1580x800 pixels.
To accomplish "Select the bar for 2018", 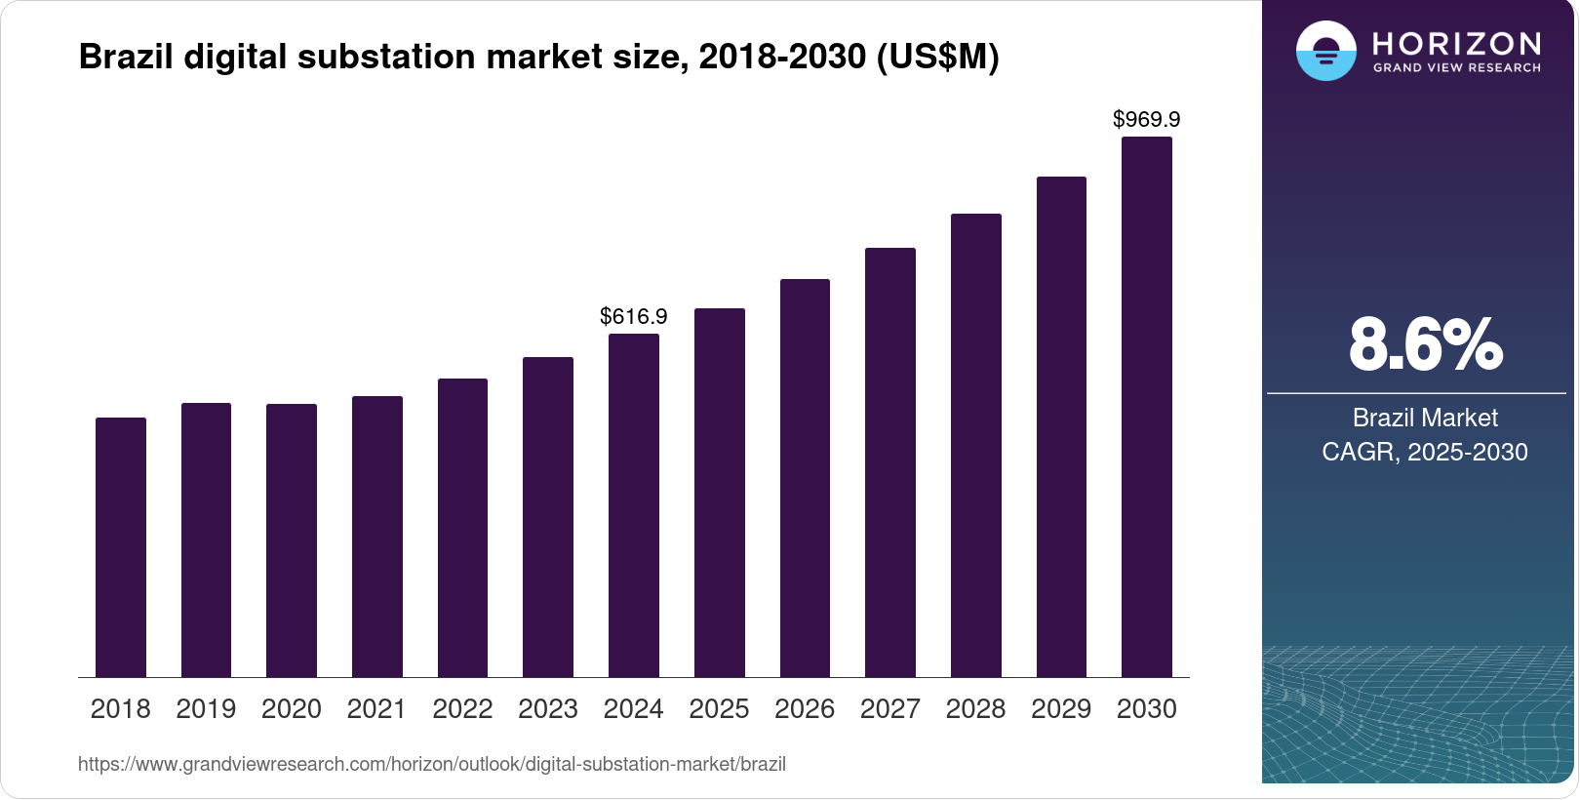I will point(121,547).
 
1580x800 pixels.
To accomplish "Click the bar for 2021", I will point(377,537).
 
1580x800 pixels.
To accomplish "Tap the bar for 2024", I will point(634,505).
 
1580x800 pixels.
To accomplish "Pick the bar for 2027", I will point(890,462).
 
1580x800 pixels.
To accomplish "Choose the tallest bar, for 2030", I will point(1147,407).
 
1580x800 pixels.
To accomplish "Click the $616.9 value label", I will point(634,316).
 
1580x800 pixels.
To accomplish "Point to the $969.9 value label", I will point(1147,119).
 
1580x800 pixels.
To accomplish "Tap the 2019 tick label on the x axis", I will point(206,709).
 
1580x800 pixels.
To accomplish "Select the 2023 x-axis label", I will point(548,709).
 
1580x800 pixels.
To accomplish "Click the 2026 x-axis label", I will point(805,709).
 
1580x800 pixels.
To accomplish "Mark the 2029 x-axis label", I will point(1061,709).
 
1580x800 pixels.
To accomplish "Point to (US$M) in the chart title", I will point(938,57).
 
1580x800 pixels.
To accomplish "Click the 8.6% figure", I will point(1425,344).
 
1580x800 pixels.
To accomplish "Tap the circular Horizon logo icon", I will point(1325,51).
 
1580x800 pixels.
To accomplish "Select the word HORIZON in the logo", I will point(1457,43).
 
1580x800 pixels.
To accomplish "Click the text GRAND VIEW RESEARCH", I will point(1457,68).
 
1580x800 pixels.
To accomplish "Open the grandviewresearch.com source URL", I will point(432,764).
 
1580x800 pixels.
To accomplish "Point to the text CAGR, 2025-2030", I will point(1425,452).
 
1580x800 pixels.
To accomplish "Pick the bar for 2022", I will point(463,528).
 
